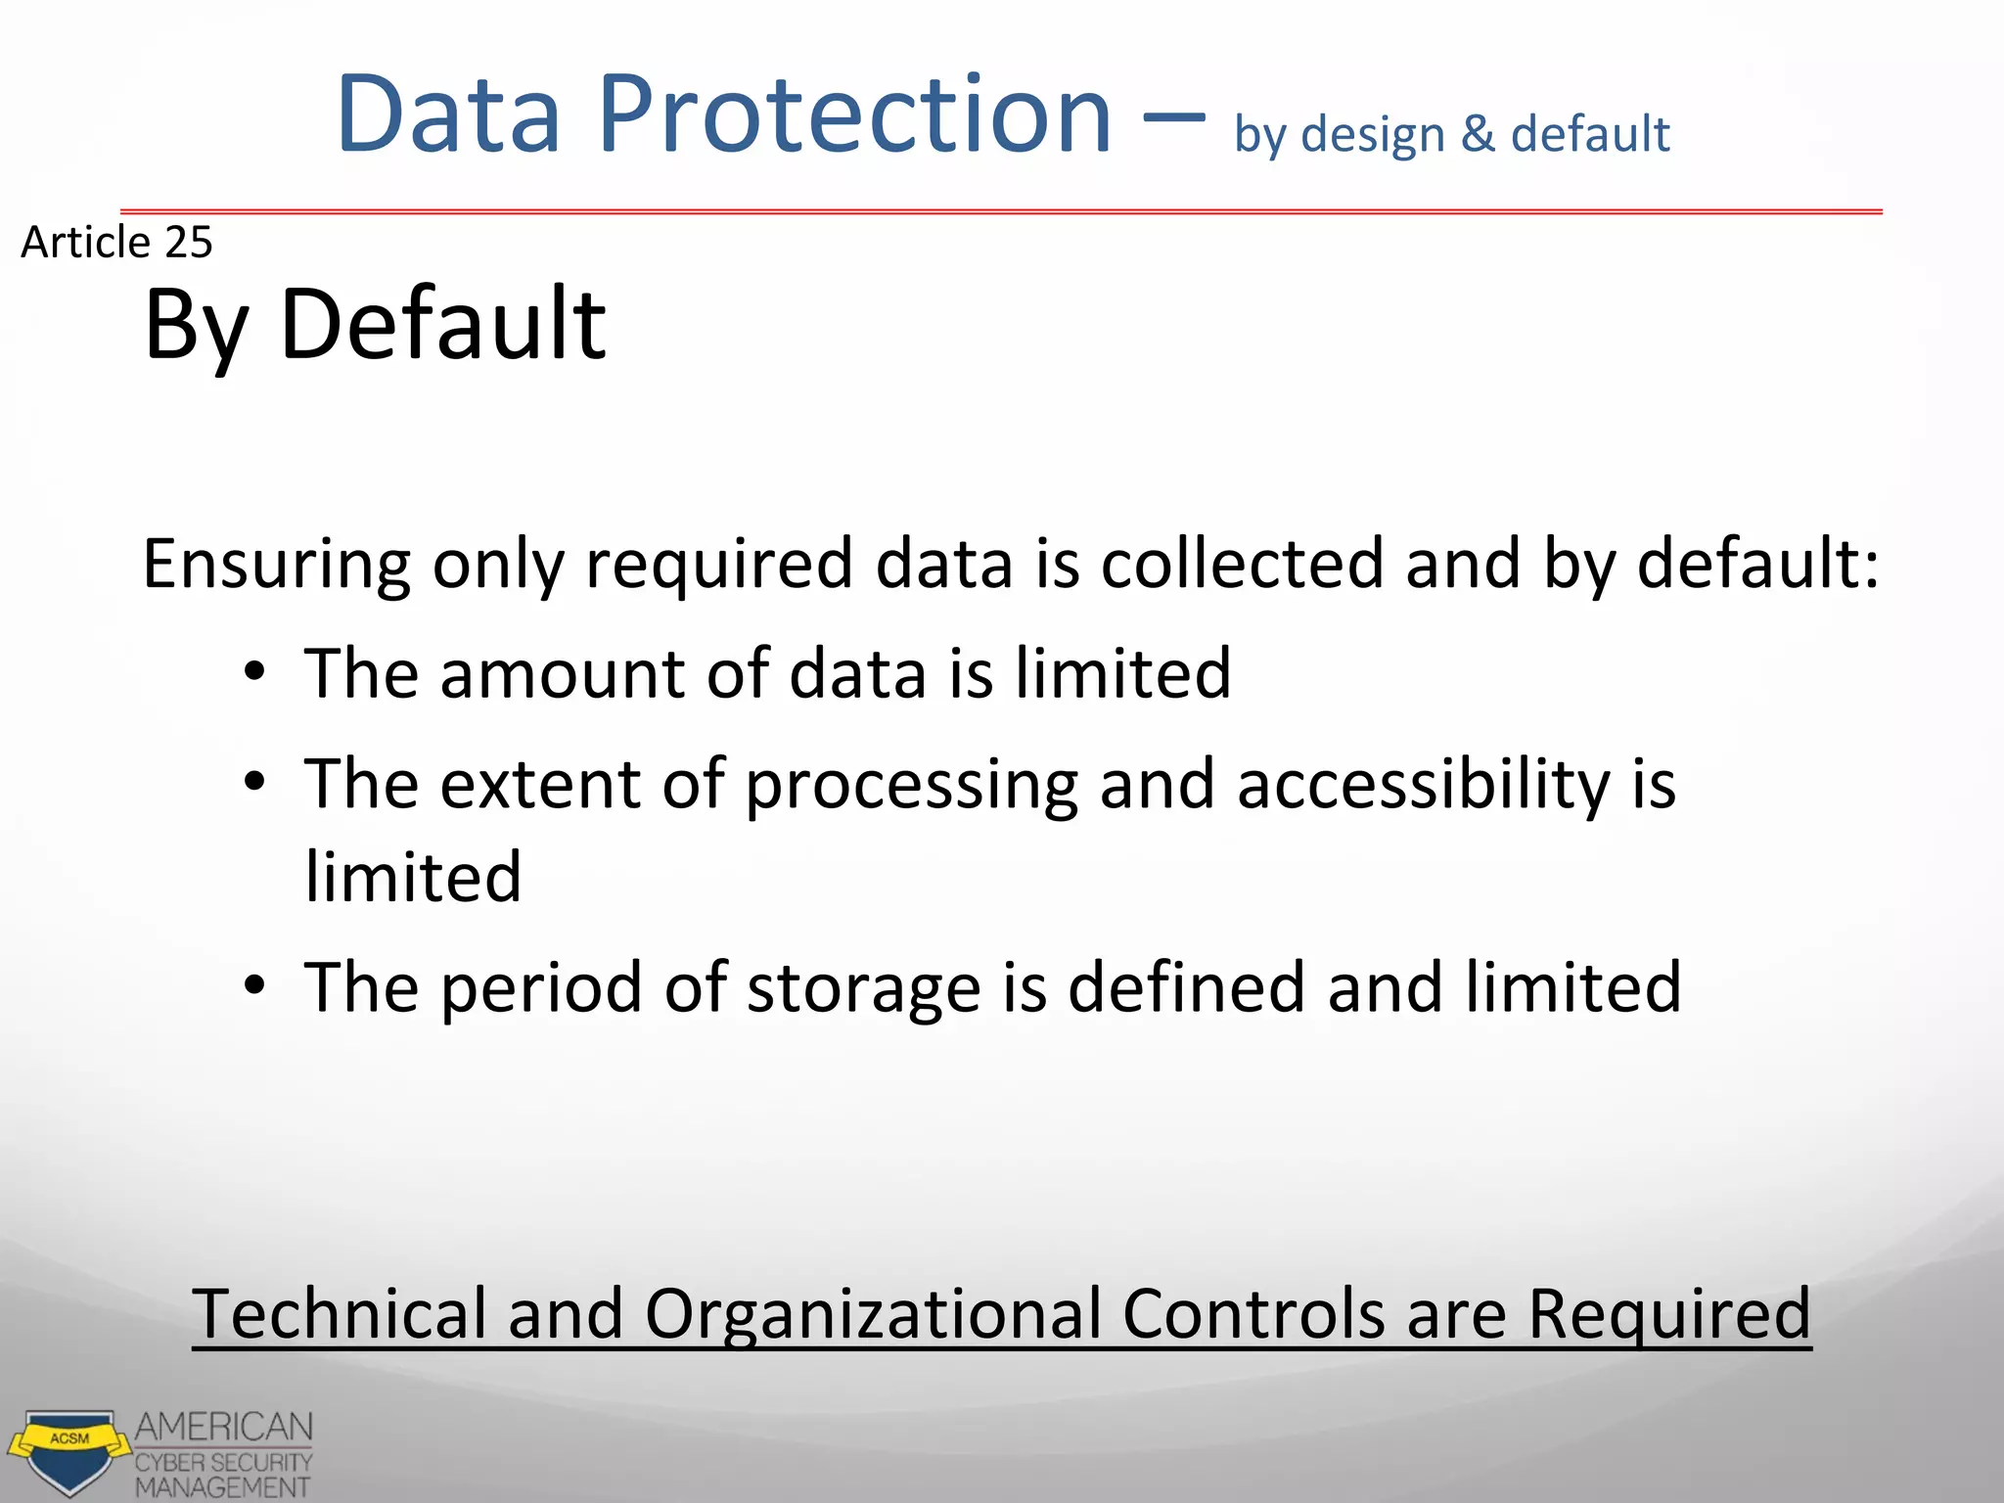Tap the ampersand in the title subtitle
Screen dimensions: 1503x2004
tap(1478, 134)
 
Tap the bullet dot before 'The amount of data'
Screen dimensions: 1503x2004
tap(255, 672)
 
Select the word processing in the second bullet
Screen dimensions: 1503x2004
tap(911, 786)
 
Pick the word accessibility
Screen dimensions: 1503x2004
tap(1423, 785)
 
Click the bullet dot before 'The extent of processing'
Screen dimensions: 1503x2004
tap(255, 782)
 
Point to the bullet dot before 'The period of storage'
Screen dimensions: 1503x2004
tap(255, 985)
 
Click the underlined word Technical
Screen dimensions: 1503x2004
tap(339, 1314)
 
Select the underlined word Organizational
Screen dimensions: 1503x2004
tap(872, 1314)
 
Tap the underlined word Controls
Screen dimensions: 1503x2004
tap(1252, 1314)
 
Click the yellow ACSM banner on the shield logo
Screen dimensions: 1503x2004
tap(69, 1439)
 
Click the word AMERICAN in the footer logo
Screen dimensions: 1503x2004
tap(224, 1428)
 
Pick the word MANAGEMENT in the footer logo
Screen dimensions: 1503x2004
tap(222, 1487)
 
